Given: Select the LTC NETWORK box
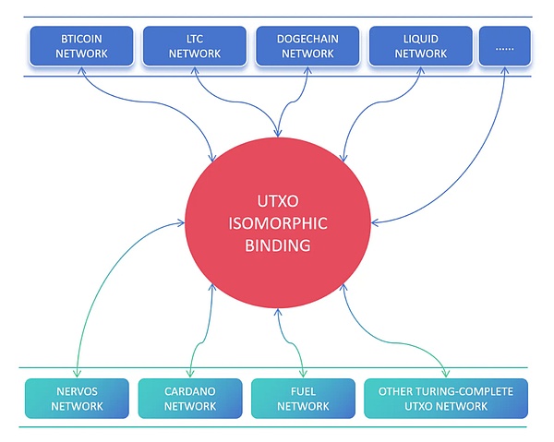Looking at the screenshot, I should [196, 46].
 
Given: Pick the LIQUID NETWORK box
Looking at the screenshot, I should [420, 46].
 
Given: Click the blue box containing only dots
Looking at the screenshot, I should [505, 46].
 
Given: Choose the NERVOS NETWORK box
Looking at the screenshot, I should [77, 399].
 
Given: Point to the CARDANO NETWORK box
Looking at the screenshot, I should [189, 399].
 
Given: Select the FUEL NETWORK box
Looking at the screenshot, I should [303, 399].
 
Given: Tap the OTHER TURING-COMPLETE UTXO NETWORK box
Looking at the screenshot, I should [446, 399].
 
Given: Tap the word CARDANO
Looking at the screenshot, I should [189, 391].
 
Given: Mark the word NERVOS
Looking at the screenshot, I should [77, 391].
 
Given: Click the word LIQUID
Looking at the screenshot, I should [420, 39].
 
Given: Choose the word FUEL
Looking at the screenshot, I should [303, 391].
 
